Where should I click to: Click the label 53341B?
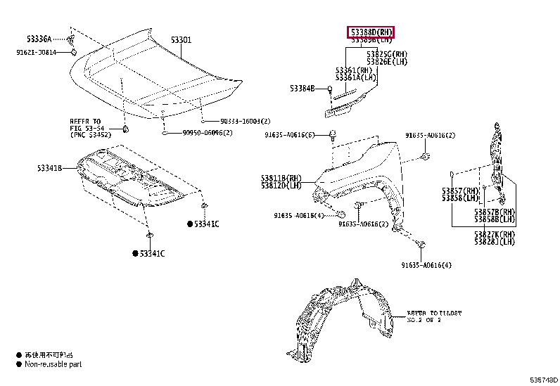51,168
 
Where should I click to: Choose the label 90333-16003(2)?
241,121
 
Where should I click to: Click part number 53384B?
303,88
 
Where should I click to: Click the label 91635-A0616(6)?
289,135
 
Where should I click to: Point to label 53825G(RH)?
388,54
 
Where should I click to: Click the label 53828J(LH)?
494,242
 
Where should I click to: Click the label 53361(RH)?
354,70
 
